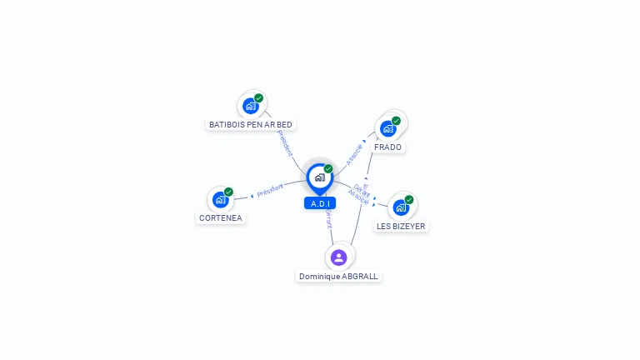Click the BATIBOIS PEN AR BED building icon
coord(250,106)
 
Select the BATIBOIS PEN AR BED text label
coord(251,124)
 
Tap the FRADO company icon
coord(387,128)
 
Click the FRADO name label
coord(387,147)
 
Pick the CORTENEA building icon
coord(220,199)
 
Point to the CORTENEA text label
coord(222,217)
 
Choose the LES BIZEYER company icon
coord(401,207)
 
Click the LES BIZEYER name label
coord(401,226)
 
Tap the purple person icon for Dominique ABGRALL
coord(338,257)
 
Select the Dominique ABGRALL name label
coord(338,276)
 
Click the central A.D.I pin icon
coord(319,177)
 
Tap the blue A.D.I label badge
coord(320,203)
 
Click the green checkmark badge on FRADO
coord(396,121)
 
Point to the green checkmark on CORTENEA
coord(228,192)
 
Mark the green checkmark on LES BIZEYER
coord(409,199)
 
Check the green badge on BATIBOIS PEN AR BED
coord(258,98)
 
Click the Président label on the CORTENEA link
coord(270,191)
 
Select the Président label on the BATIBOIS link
coord(285,142)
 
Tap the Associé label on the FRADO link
coord(355,154)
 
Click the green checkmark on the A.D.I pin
coord(328,169)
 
